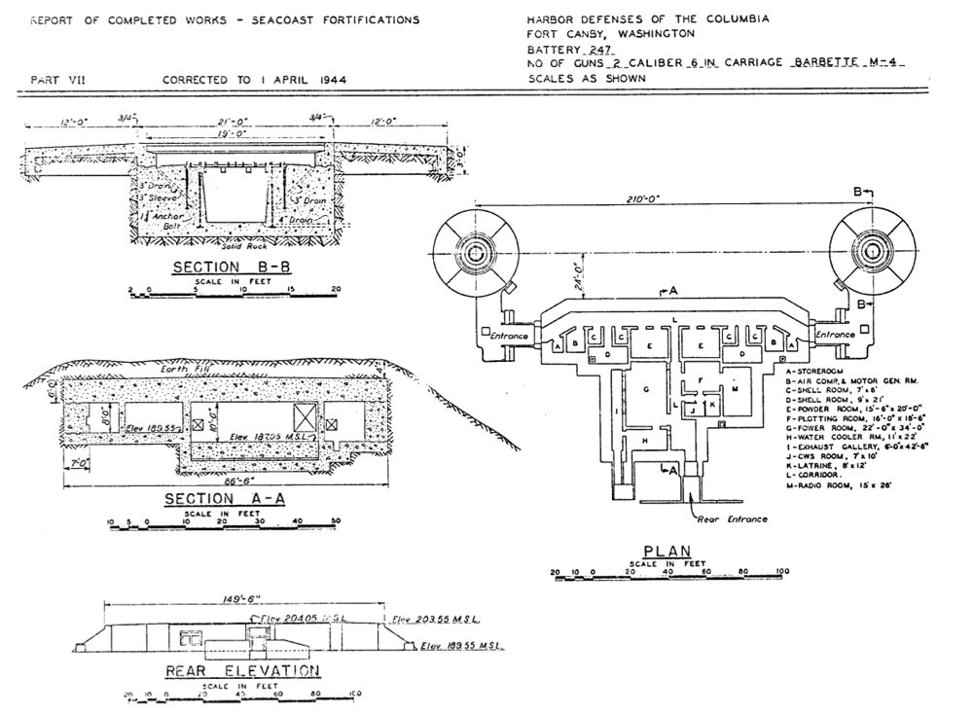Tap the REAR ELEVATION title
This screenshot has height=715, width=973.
point(242,670)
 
